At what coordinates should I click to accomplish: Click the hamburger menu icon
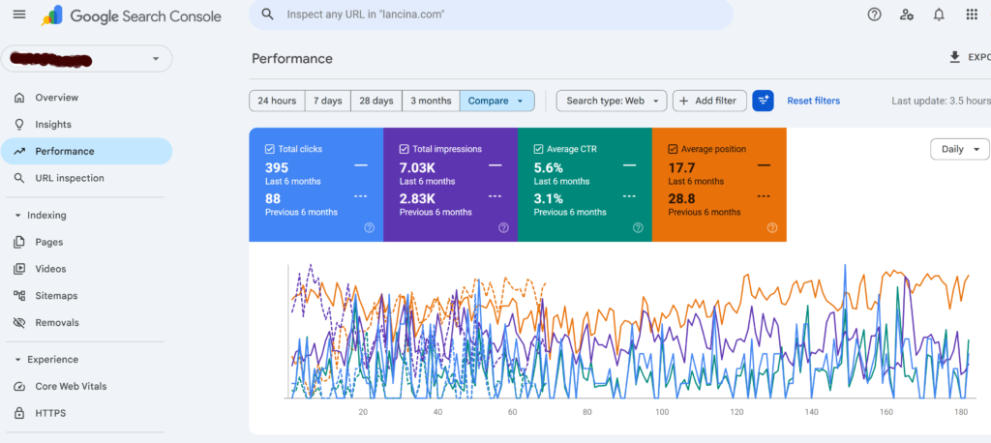pyautogui.click(x=19, y=15)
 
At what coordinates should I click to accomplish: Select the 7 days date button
pyautogui.click(x=331, y=101)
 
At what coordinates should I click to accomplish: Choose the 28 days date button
pyautogui.click(x=376, y=101)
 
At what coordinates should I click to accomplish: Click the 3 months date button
pyautogui.click(x=431, y=101)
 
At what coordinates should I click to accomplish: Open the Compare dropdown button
pyautogui.click(x=496, y=101)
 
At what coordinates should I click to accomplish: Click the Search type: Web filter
pyautogui.click(x=612, y=101)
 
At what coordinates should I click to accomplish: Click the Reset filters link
pyautogui.click(x=813, y=101)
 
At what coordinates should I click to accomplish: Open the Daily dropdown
pyautogui.click(x=960, y=149)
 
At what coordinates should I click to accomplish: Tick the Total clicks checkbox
pyautogui.click(x=270, y=149)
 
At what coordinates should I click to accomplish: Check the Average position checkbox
pyautogui.click(x=673, y=149)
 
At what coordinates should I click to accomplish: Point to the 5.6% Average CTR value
pyautogui.click(x=549, y=167)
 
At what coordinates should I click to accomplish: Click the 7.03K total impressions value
pyautogui.click(x=418, y=167)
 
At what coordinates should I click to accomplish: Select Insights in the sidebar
pyautogui.click(x=53, y=124)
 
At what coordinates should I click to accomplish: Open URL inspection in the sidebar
pyautogui.click(x=70, y=178)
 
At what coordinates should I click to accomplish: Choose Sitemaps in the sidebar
pyautogui.click(x=56, y=295)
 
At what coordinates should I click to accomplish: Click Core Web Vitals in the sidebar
pyautogui.click(x=71, y=386)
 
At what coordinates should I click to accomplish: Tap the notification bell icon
pyautogui.click(x=939, y=15)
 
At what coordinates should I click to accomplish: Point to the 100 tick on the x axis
pyautogui.click(x=662, y=413)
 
